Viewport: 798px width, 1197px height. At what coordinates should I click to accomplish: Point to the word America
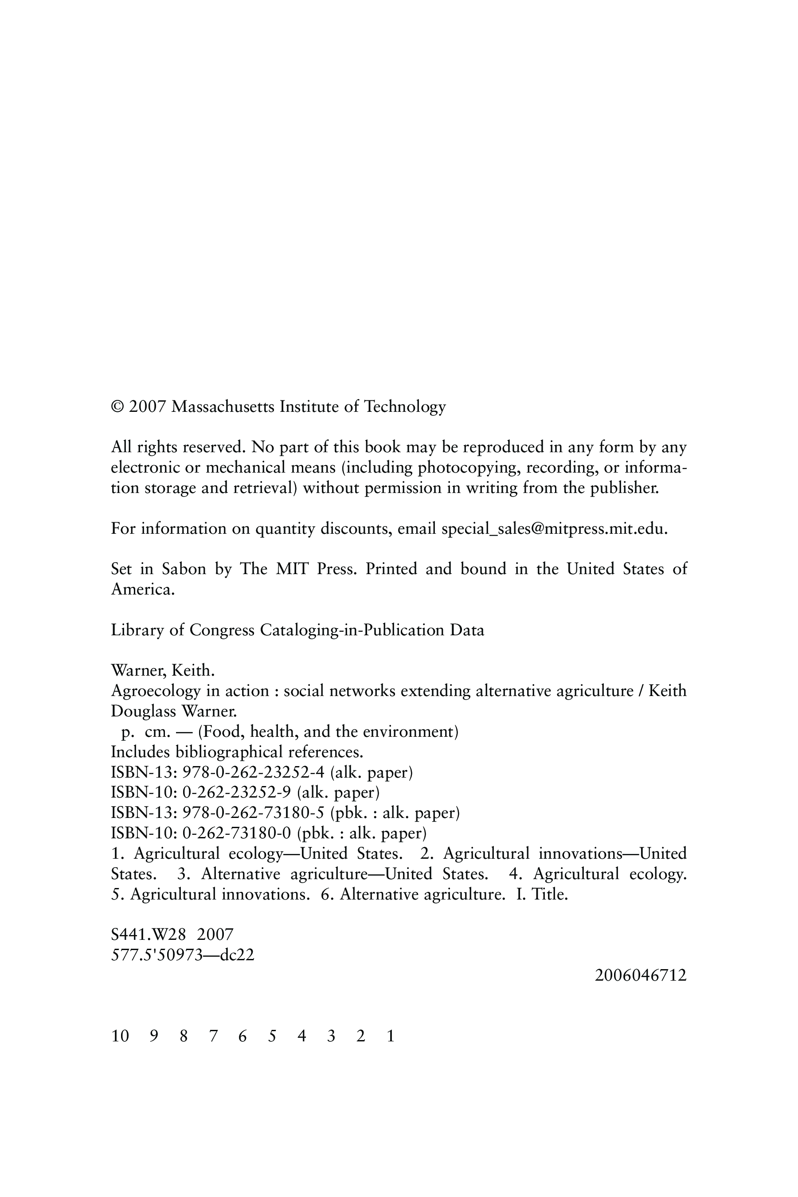point(142,589)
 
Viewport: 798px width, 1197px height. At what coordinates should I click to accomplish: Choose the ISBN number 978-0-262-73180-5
point(253,813)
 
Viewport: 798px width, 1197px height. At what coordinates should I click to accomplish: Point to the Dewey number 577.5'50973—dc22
point(182,955)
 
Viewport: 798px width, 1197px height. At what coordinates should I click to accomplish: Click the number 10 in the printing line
point(120,1037)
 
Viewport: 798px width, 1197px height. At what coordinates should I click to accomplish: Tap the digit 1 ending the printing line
point(390,1037)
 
